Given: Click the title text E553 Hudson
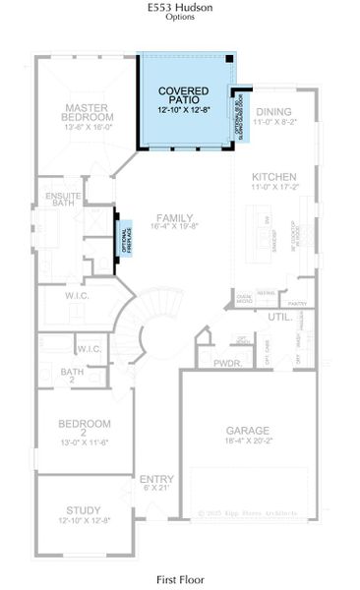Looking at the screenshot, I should (179, 7).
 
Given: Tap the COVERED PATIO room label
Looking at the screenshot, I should (184, 94).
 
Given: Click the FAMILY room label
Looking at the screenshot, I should (172, 218).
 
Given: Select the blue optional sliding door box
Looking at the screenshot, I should (240, 114).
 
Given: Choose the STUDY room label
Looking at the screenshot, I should (84, 510).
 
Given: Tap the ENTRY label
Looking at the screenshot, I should (157, 479).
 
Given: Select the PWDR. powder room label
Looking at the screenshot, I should (227, 363).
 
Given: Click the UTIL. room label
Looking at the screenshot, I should (278, 318).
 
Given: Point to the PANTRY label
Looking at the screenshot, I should (299, 304).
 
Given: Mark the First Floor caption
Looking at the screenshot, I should (179, 581).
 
